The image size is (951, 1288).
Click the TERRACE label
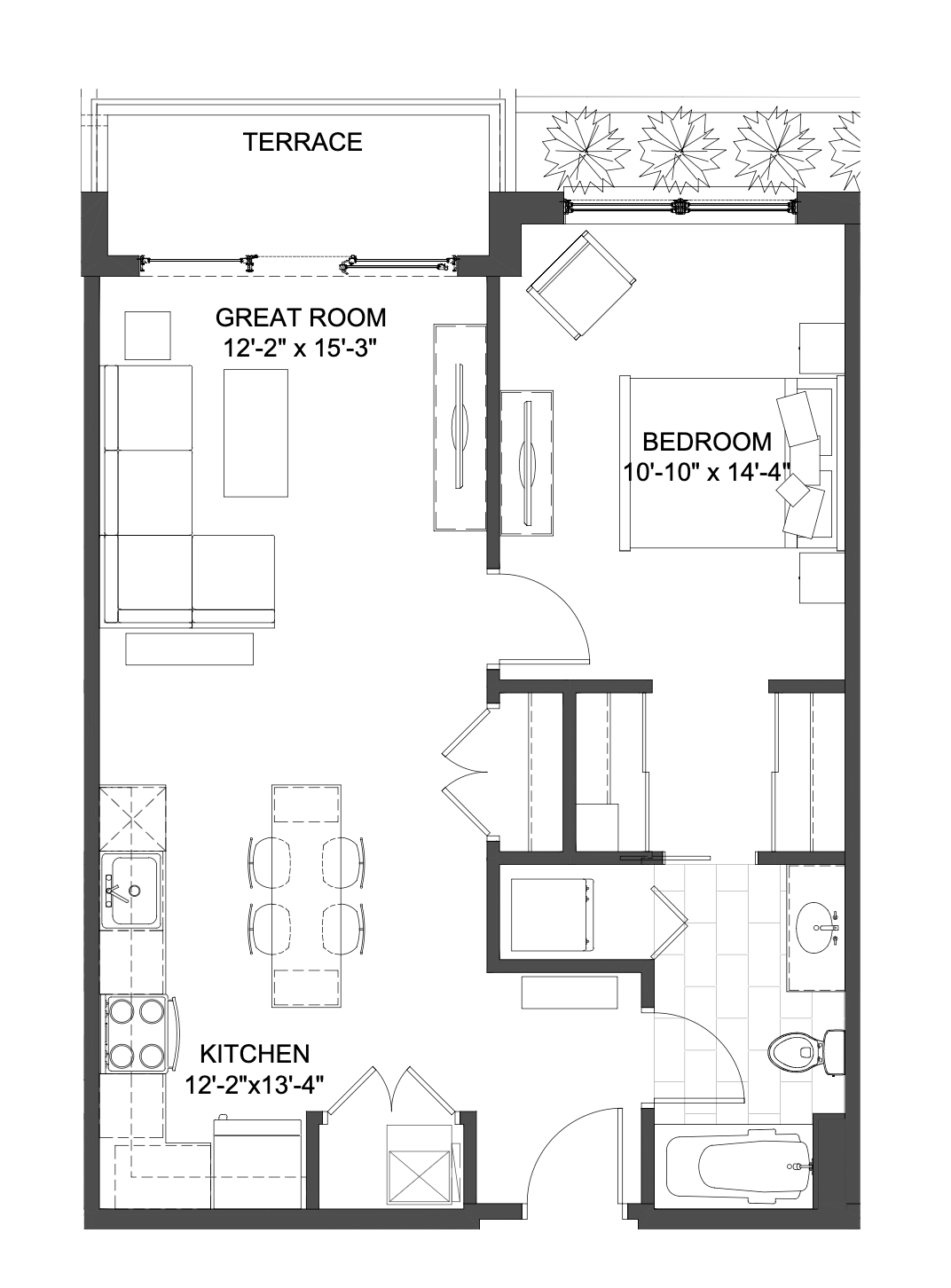[303, 142]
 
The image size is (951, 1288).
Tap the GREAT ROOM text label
[301, 318]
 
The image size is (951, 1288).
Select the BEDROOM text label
[707, 443]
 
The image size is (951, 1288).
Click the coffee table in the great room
[255, 433]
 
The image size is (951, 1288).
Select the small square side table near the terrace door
[148, 335]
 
